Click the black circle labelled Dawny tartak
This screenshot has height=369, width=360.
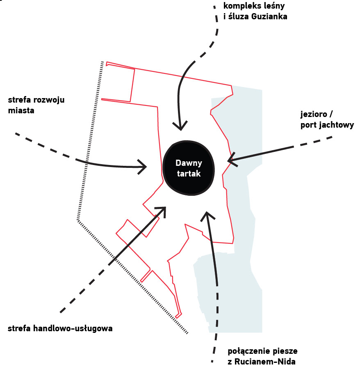click(189, 168)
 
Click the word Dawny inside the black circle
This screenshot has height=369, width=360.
click(189, 163)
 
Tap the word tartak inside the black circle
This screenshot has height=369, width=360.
click(189, 174)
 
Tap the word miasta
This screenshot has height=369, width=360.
click(21, 111)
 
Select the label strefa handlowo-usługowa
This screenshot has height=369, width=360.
click(60, 328)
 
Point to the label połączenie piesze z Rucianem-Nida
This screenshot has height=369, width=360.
click(262, 356)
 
